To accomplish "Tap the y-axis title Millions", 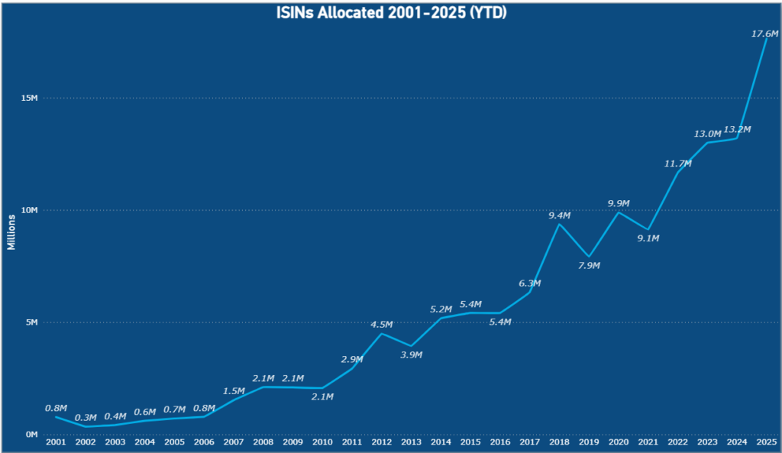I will (x=11, y=231).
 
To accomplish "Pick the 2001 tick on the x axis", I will (x=56, y=442).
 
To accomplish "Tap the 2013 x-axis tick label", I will (x=411, y=442).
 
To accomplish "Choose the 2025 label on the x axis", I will (x=766, y=442).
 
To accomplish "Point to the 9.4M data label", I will (x=560, y=216).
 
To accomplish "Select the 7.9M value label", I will (x=589, y=265).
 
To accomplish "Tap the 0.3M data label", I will (x=86, y=417).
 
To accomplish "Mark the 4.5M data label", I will (x=382, y=325).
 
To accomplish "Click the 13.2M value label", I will (x=738, y=129).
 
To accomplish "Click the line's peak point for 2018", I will (x=559, y=224).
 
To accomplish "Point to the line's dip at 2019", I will (x=589, y=257).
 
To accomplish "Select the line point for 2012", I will (x=382, y=333).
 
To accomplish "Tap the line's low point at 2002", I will (x=86, y=426).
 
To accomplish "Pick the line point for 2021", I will (x=648, y=229).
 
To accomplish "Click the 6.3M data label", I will (x=529, y=283).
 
